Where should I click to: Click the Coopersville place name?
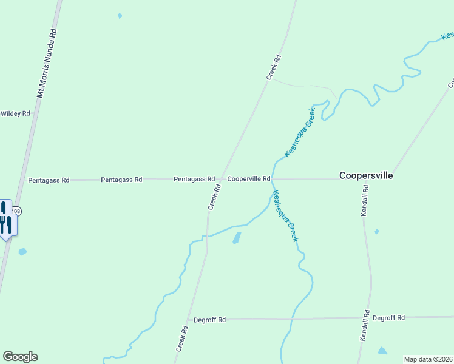click(x=366, y=175)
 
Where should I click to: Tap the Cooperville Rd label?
click(x=248, y=179)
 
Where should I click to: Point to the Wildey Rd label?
click(x=15, y=113)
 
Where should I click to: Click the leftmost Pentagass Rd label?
click(x=49, y=180)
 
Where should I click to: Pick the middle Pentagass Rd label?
click(x=121, y=180)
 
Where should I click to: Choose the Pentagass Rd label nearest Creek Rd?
click(x=194, y=179)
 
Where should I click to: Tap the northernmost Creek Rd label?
click(x=274, y=68)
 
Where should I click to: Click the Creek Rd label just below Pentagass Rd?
click(x=214, y=198)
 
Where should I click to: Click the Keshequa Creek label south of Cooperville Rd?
click(x=285, y=217)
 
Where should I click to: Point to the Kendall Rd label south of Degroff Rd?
click(x=365, y=326)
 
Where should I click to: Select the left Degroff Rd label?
click(x=209, y=320)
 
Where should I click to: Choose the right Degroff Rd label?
click(x=388, y=317)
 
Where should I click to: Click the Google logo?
click(x=20, y=357)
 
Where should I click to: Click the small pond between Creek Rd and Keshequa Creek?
click(x=237, y=238)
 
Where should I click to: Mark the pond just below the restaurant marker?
click(x=22, y=251)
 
